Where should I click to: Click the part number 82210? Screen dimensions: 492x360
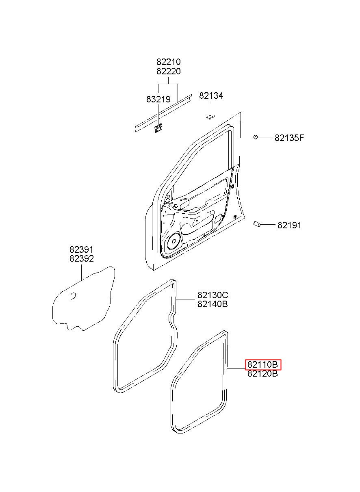coord(169,62)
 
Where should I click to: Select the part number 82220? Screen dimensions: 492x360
coord(169,72)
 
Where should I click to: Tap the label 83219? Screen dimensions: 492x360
coord(158,99)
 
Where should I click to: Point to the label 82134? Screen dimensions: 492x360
coord(211,96)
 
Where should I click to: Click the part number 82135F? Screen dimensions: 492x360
coord(289,138)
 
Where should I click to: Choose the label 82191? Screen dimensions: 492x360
coord(289,225)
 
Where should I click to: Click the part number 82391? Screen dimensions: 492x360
coord(81,250)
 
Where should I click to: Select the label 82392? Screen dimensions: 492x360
coord(81,259)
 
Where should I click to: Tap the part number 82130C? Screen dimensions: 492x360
coord(213,295)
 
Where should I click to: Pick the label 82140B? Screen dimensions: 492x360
coord(213,304)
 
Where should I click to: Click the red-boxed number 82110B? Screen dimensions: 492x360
coord(262,364)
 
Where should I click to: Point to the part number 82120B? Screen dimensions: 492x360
coord(262,374)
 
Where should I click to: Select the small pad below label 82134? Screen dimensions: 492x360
coord(210,117)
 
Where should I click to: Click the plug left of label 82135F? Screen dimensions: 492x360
coord(256,137)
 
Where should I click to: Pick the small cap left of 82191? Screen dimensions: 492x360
coord(256,223)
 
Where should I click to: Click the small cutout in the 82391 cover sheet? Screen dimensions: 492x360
coord(73,296)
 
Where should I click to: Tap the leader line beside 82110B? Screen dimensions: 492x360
coord(236,368)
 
